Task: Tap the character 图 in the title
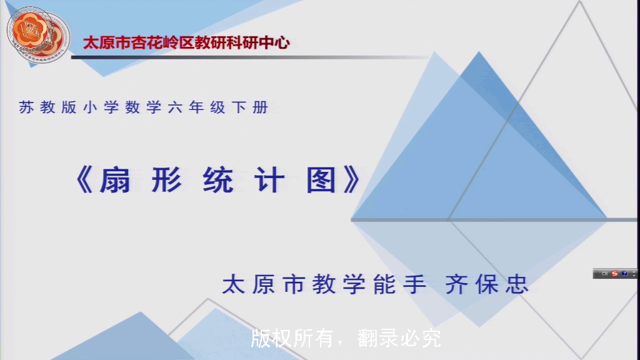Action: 322,181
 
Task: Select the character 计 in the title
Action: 270,181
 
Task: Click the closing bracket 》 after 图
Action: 350,181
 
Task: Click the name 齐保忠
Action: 487,284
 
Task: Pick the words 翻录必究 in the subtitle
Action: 399,338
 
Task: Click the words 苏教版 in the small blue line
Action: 47,107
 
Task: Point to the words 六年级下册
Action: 218,107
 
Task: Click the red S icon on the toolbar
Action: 614,274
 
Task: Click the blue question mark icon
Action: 624,274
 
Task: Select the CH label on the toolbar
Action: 604,274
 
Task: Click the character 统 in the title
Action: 218,181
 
